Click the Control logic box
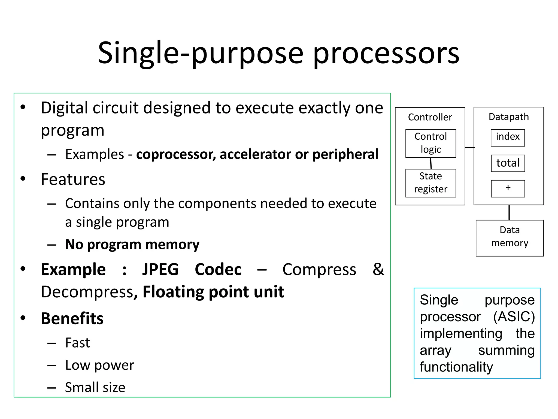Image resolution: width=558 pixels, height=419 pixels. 430,143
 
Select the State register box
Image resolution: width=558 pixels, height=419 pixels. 430,183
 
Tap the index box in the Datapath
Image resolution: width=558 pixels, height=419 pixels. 508,138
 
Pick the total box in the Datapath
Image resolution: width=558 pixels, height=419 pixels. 508,163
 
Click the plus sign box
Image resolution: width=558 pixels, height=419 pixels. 508,188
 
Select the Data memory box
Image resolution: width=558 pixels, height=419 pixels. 510,238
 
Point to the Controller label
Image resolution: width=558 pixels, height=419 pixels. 430,117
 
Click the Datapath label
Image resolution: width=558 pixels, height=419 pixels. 508,117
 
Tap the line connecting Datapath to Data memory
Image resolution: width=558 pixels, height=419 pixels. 509,213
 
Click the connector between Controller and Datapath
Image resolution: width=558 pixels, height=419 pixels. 469,148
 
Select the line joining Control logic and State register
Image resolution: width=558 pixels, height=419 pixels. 431,163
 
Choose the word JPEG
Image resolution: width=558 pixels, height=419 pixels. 160,270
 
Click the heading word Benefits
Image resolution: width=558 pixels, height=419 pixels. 72,318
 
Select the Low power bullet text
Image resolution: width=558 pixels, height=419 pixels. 100,365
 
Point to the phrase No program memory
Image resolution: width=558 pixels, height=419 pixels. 132,244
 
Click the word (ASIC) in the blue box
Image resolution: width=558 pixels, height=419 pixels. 514,317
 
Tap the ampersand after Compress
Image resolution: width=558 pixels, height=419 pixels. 378,269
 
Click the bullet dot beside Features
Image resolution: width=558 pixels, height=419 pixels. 23,179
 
